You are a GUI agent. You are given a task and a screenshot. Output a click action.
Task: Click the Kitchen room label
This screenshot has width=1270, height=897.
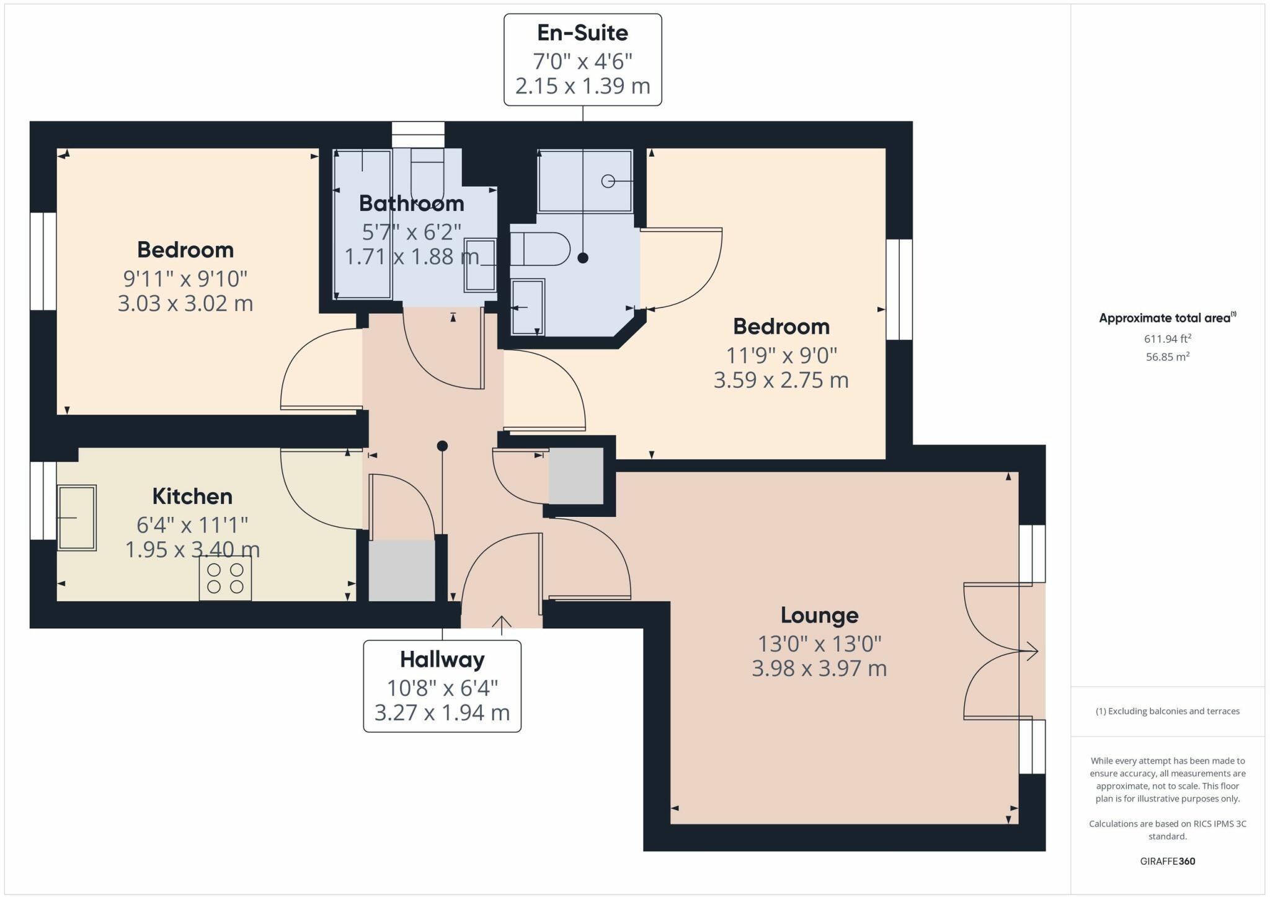(x=192, y=497)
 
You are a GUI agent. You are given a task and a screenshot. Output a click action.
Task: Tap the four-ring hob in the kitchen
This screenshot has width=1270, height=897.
(x=225, y=578)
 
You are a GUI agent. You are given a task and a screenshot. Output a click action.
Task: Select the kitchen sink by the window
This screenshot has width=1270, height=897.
(x=77, y=518)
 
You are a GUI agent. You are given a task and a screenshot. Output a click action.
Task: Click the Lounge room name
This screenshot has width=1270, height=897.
(x=819, y=615)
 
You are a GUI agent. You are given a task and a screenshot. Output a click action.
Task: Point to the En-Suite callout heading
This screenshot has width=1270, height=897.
(x=582, y=33)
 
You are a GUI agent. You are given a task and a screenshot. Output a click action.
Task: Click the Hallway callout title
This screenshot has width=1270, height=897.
(x=442, y=660)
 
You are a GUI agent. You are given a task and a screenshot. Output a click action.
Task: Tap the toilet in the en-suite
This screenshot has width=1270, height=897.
(x=540, y=249)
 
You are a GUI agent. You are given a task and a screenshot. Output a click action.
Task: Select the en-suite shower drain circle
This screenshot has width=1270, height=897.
(x=608, y=181)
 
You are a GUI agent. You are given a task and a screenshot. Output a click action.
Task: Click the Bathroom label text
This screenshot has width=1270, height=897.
(x=411, y=203)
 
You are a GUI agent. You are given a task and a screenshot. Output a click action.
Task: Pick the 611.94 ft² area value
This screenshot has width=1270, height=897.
(x=1168, y=338)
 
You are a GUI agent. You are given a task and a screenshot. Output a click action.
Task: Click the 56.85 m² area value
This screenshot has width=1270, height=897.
(x=1168, y=356)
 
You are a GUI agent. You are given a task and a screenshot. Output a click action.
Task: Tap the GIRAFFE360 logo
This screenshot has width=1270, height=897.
(x=1168, y=861)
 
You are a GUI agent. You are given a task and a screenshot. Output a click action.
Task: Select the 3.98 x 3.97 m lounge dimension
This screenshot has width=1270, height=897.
(x=819, y=669)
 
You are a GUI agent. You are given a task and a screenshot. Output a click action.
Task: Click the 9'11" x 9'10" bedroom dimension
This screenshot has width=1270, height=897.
(x=185, y=279)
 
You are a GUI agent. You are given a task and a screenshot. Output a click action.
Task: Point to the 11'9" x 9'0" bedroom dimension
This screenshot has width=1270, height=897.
(x=781, y=356)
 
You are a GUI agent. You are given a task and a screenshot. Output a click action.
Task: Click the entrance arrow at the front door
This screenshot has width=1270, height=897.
(x=502, y=625)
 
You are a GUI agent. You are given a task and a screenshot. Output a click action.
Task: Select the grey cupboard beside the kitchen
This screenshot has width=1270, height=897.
(x=402, y=570)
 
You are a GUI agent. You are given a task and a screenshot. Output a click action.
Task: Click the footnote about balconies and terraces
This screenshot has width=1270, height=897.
(x=1168, y=711)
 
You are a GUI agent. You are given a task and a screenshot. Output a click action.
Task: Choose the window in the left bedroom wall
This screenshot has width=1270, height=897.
(x=43, y=262)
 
